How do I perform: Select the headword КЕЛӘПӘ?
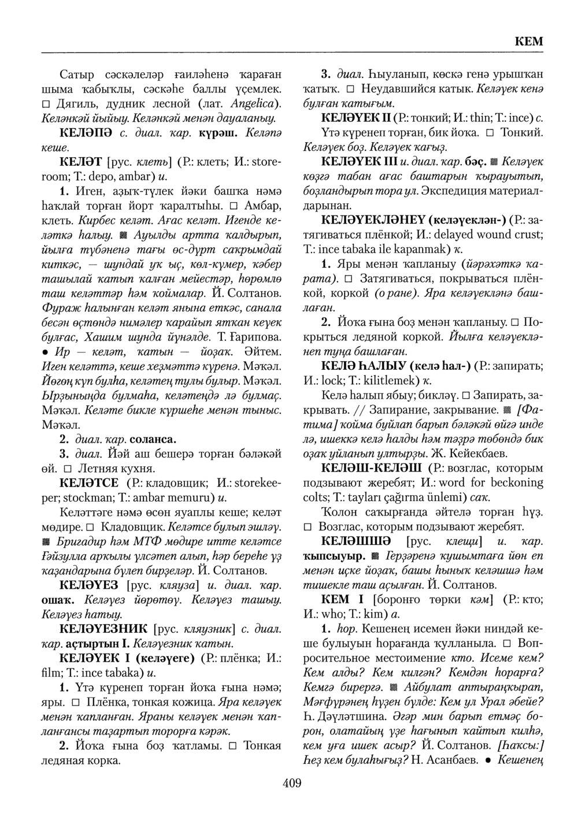(x=87, y=132)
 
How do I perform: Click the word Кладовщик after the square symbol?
(x=131, y=511)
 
